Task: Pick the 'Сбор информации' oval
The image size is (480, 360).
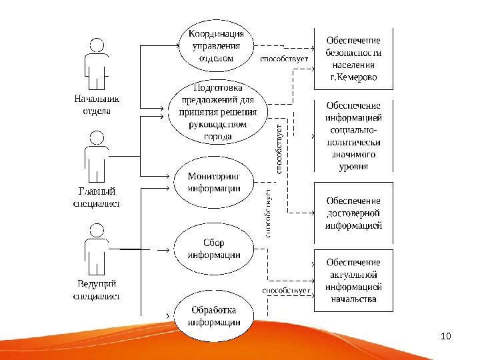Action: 213,249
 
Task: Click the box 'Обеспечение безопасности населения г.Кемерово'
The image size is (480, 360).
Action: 353,59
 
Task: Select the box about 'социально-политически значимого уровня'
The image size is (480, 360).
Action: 353,136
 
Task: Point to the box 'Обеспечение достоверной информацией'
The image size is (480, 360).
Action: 353,213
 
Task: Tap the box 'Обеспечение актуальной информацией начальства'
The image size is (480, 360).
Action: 353,281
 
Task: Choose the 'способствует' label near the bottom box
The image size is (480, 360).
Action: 287,291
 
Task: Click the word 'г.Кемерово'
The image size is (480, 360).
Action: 353,78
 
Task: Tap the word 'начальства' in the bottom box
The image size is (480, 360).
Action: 353,299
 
